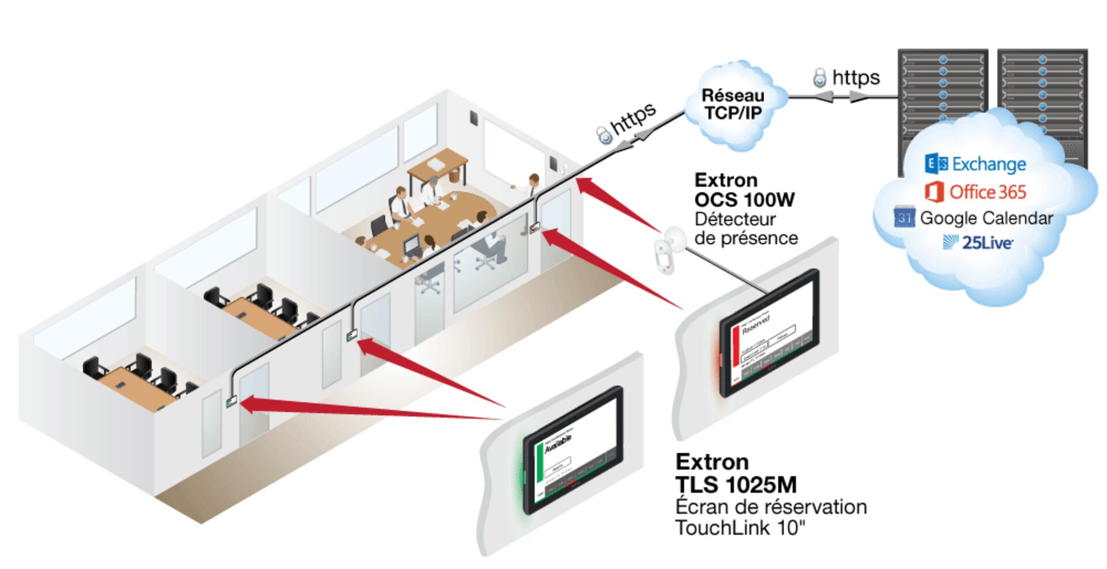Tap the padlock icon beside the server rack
[x=819, y=78]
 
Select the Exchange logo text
[x=988, y=164]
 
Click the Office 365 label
[x=987, y=192]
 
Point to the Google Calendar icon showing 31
[x=904, y=217]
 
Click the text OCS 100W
[x=744, y=200]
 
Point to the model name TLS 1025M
[x=736, y=484]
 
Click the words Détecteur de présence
[x=745, y=229]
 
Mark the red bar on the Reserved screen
[x=735, y=346]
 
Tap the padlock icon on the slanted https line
[x=604, y=135]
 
